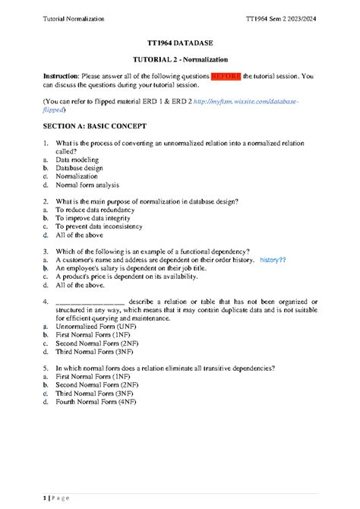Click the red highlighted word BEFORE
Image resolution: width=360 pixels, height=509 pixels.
click(x=227, y=77)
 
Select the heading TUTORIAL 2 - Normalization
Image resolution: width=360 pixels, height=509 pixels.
click(x=180, y=60)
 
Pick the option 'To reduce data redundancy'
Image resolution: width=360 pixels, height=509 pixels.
click(x=96, y=210)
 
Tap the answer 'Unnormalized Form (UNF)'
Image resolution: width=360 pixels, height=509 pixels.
click(x=97, y=326)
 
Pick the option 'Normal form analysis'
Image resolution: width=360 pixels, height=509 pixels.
click(x=87, y=184)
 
